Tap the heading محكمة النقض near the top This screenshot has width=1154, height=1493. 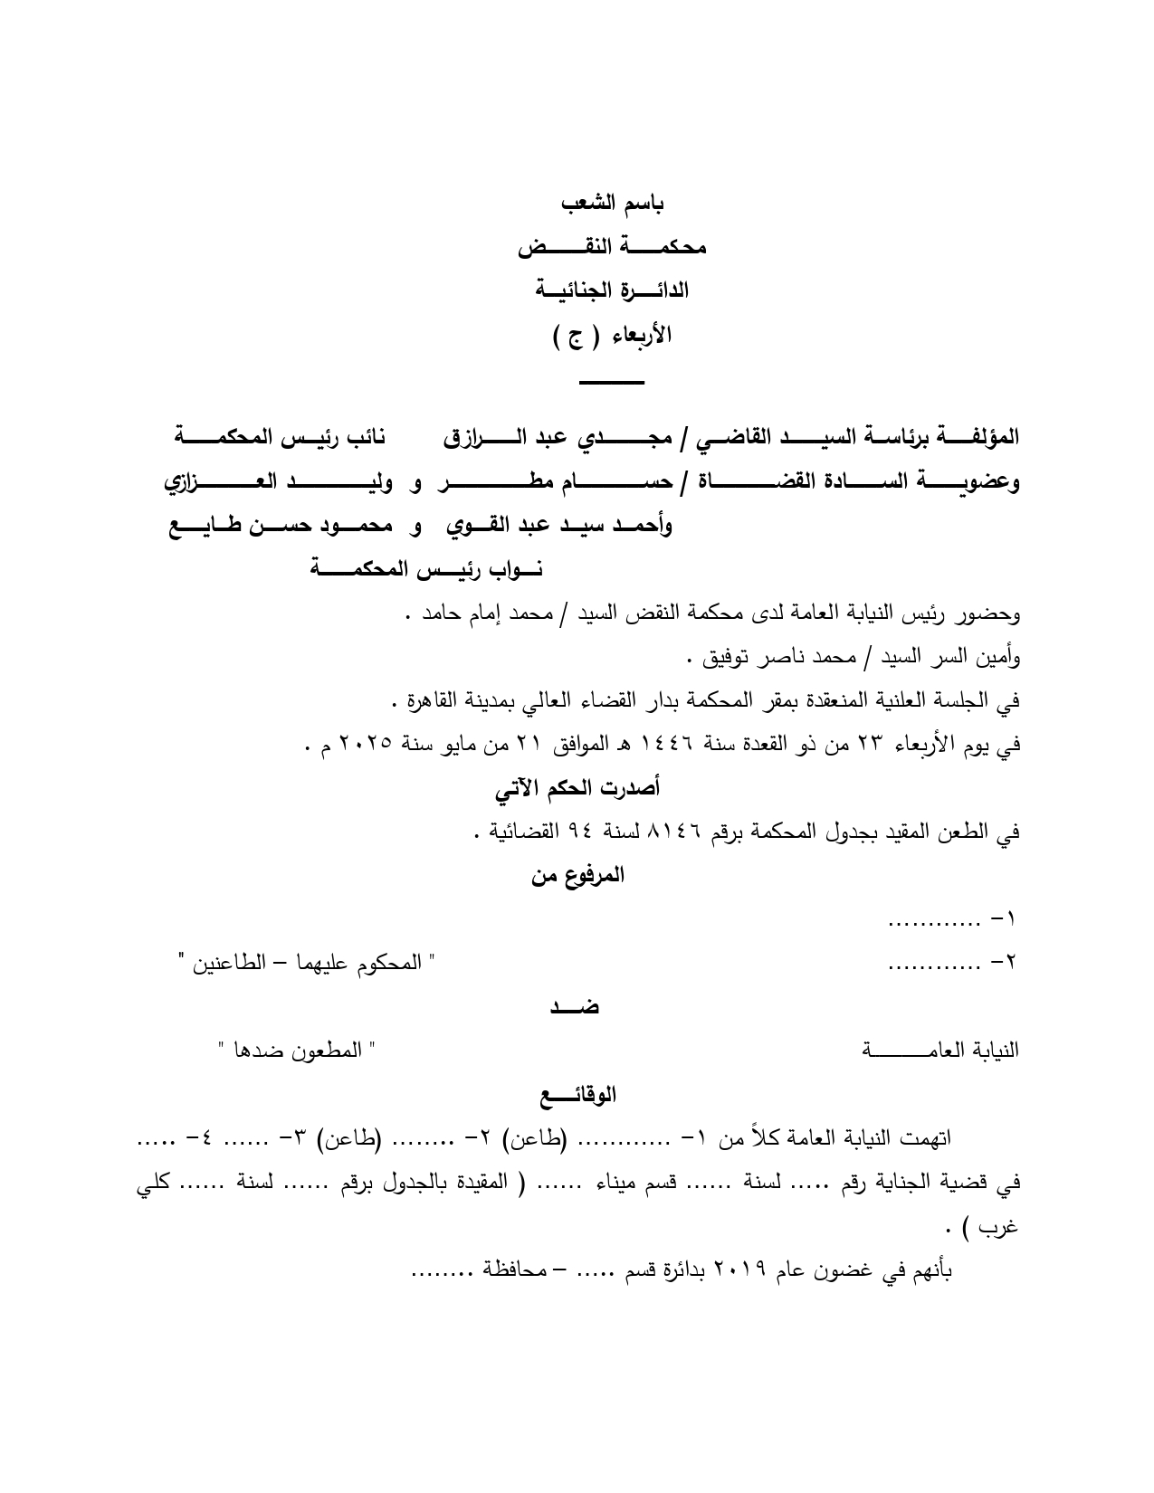612,247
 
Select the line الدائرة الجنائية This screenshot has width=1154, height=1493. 612,290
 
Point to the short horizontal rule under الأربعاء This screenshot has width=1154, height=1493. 612,383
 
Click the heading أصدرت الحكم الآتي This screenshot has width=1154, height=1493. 577,788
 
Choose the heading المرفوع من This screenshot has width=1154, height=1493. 577,875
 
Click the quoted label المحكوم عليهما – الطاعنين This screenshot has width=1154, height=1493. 309,964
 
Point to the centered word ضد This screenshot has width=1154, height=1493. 575,1006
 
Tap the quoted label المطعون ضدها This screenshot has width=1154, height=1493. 297,1050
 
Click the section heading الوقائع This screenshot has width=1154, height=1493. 577,1095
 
